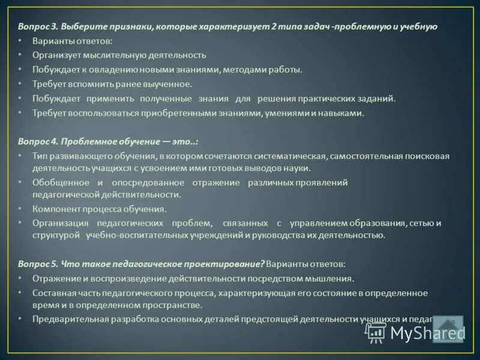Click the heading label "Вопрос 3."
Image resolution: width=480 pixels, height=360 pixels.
pyautogui.click(x=37, y=27)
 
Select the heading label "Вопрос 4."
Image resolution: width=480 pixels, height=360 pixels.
pyautogui.click(x=37, y=142)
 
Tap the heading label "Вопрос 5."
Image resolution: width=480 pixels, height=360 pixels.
pyautogui.click(x=37, y=264)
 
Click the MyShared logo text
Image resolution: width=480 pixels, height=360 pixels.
pyautogui.click(x=427, y=333)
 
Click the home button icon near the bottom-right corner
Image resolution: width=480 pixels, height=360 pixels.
pyautogui.click(x=448, y=329)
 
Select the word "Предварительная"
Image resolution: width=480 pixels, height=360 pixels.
pyautogui.click(x=67, y=319)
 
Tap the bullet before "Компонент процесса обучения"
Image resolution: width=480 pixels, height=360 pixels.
pyautogui.click(x=20, y=209)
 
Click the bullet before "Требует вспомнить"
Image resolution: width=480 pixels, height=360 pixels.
pyautogui.click(x=20, y=84)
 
